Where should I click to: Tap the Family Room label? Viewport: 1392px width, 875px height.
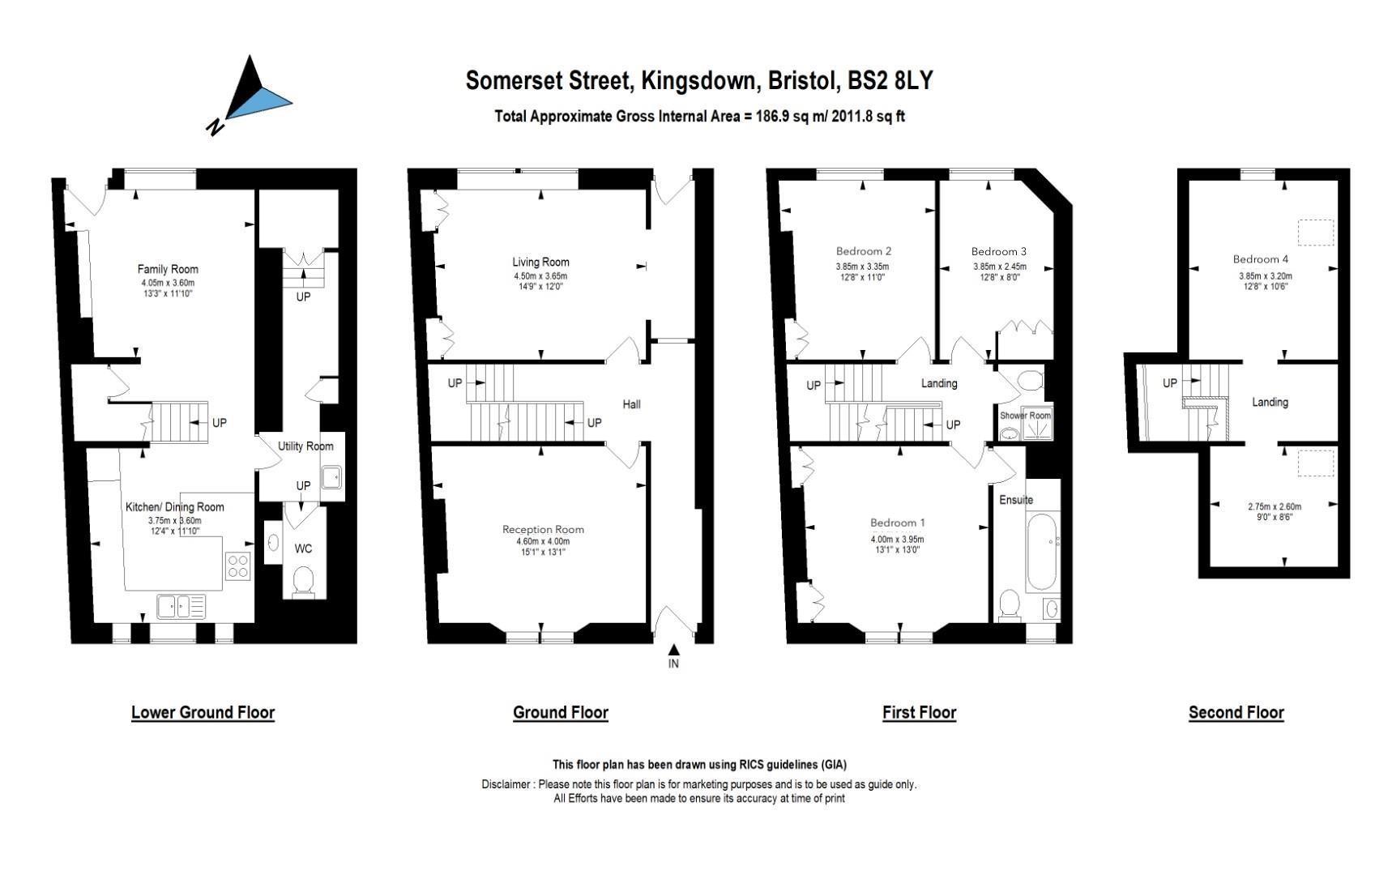[168, 269]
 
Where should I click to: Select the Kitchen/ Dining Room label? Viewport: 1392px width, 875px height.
[174, 507]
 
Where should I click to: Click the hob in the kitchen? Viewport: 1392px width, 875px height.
[237, 565]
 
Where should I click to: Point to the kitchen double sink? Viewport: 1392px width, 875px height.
[181, 606]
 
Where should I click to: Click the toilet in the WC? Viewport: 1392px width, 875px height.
[303, 580]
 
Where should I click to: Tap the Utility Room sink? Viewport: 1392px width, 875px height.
[332, 477]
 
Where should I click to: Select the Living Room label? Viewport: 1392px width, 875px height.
[540, 262]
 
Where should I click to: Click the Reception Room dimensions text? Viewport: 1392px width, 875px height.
[543, 547]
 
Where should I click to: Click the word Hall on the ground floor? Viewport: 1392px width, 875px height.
[631, 403]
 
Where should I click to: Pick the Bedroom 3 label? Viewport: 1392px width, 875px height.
[999, 251]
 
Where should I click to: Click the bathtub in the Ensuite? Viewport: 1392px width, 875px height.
[1042, 552]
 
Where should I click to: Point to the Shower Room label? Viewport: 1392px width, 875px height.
[1025, 416]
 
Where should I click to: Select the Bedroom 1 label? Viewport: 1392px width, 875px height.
[898, 523]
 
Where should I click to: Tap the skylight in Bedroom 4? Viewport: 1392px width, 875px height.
[1315, 233]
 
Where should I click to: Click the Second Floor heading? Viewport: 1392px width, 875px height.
[1236, 713]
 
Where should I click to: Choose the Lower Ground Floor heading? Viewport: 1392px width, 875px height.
[203, 713]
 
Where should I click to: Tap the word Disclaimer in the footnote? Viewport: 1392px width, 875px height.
[507, 784]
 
